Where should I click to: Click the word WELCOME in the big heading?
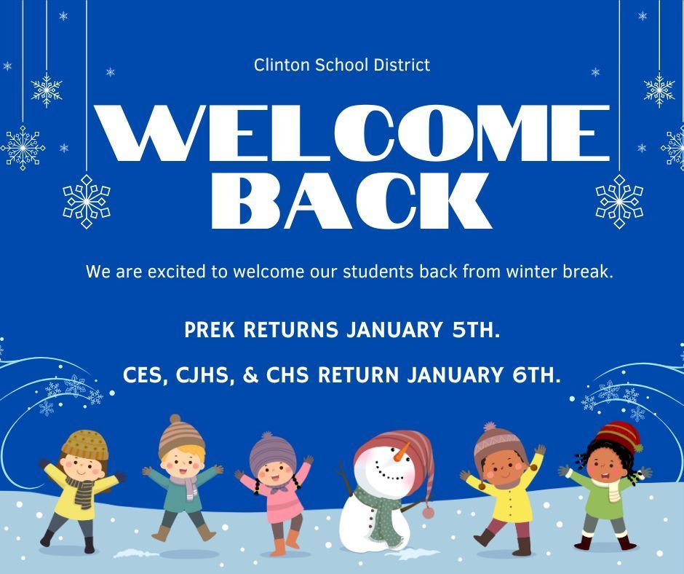353,133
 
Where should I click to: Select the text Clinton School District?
342,65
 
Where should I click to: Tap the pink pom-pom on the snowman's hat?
428,513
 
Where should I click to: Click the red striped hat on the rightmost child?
616,436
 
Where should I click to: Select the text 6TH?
533,375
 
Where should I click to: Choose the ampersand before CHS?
251,375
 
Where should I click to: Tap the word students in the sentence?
377,272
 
